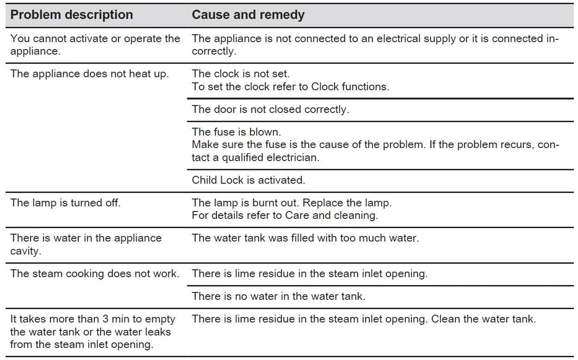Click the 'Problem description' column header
pyautogui.click(x=71, y=15)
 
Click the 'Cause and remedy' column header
pyautogui.click(x=248, y=15)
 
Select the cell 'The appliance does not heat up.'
pyautogui.click(x=89, y=74)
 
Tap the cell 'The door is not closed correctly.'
pyautogui.click(x=270, y=109)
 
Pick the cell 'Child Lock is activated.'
pyautogui.click(x=248, y=180)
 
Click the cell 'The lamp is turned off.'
pyautogui.click(x=65, y=203)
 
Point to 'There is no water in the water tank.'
pyautogui.click(x=279, y=296)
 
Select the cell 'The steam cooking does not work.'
pyautogui.click(x=95, y=273)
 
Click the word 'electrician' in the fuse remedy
pyautogui.click(x=292, y=157)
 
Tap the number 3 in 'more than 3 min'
pyautogui.click(x=105, y=319)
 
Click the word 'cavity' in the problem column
pyautogui.click(x=25, y=251)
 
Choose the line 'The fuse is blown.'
pyautogui.click(x=236, y=132)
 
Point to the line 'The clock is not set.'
pyautogui.click(x=241, y=74)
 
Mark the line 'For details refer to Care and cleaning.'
pyautogui.click(x=285, y=216)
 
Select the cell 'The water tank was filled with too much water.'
pyautogui.click(x=305, y=238)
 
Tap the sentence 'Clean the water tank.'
pyautogui.click(x=483, y=319)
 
